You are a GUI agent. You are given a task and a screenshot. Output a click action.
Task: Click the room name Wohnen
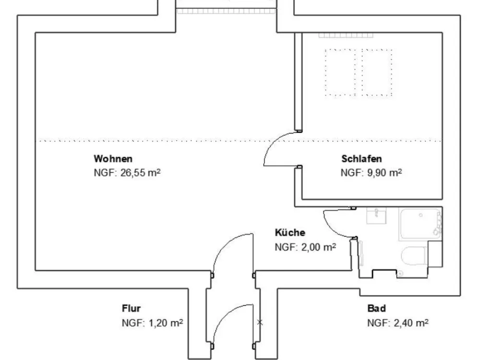point(113,158)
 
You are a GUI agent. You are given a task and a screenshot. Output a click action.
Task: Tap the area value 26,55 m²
point(141,173)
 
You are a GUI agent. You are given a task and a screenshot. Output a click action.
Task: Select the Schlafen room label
point(361,158)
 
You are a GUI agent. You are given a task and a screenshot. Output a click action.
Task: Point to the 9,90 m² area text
point(384,173)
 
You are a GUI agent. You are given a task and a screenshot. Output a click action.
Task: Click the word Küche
point(290,232)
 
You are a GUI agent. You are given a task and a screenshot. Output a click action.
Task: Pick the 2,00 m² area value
point(319,247)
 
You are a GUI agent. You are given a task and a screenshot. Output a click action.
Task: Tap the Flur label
point(131,308)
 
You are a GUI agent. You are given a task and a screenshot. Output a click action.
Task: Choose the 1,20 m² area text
point(166,323)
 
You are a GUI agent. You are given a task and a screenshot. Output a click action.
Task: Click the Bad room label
point(376,308)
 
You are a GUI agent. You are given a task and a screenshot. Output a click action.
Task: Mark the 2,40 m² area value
point(411,323)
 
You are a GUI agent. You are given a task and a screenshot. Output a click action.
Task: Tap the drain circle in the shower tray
point(420,215)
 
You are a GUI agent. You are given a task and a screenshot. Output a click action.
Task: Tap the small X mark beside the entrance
point(260,322)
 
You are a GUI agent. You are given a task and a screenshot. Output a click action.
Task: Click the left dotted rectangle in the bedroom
point(340,72)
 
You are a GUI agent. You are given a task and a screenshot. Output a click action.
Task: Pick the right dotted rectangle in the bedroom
point(377,72)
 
